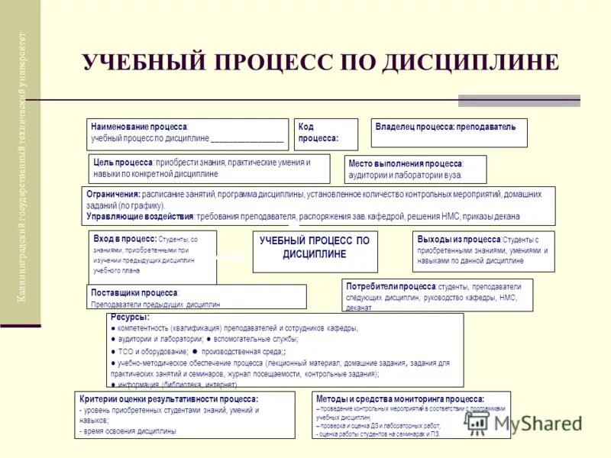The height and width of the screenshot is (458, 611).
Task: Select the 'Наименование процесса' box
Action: (187, 134)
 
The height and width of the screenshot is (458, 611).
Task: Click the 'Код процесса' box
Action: (326, 134)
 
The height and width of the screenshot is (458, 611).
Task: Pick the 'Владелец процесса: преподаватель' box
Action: (449, 132)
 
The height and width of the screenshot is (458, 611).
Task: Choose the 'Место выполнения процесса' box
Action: (417, 169)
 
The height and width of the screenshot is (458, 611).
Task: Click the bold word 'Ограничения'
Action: (114, 195)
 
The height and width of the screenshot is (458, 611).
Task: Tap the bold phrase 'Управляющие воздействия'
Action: (140, 216)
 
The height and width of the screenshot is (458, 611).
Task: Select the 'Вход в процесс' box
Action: (152, 256)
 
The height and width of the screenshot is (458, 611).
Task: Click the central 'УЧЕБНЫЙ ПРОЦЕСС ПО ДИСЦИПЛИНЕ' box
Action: (314, 247)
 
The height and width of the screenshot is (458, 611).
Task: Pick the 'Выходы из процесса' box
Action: (483, 250)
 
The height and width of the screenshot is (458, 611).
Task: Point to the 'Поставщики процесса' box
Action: (196, 297)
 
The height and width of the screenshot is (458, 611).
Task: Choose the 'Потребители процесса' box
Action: (438, 295)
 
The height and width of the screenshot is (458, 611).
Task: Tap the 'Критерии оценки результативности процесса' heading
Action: (169, 399)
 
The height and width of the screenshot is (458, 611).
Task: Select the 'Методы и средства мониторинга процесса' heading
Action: (399, 398)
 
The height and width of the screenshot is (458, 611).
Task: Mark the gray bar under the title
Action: (519, 101)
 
